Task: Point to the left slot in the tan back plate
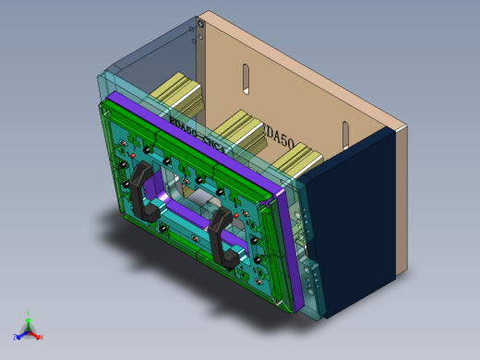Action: (x=246, y=79)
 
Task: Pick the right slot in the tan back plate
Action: (x=345, y=137)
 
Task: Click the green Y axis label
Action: (x=29, y=314)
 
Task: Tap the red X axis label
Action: (x=42, y=337)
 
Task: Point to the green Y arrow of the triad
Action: (x=29, y=322)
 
